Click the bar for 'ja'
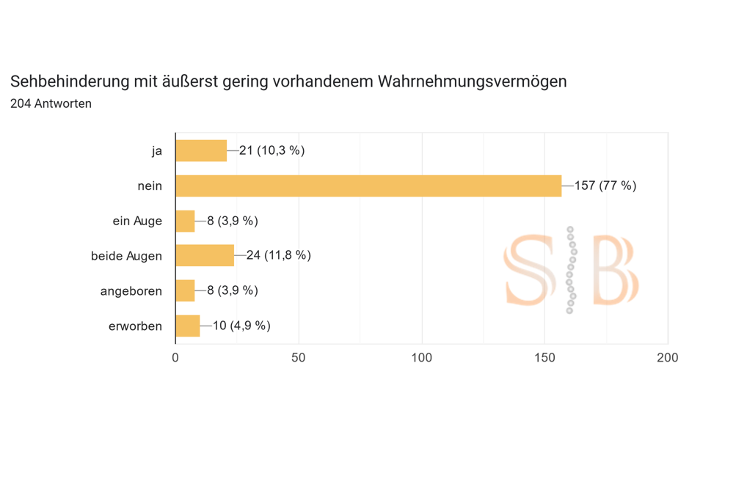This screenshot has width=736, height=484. click(x=201, y=150)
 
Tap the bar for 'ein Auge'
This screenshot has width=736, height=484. click(x=185, y=221)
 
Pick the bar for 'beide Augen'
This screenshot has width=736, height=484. click(x=205, y=255)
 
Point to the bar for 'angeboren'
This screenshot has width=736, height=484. click(x=185, y=290)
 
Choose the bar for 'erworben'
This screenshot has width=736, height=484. click(x=188, y=326)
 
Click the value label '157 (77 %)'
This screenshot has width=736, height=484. click(x=605, y=186)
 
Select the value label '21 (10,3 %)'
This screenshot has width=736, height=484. click(x=272, y=150)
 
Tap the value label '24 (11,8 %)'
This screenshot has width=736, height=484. click(x=278, y=255)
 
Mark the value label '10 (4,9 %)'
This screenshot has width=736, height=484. click(x=241, y=326)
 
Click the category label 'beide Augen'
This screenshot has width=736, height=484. click(x=126, y=256)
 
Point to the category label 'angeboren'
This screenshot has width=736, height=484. click(x=131, y=291)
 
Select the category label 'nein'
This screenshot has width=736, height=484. click(x=150, y=186)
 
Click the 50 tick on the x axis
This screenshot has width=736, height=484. click(x=299, y=357)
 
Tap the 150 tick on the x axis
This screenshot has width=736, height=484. click(x=544, y=357)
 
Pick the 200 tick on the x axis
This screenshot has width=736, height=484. click(x=668, y=357)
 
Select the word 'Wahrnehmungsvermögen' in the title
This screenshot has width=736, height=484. click(x=472, y=81)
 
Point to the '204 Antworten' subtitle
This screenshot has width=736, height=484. click(x=51, y=103)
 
